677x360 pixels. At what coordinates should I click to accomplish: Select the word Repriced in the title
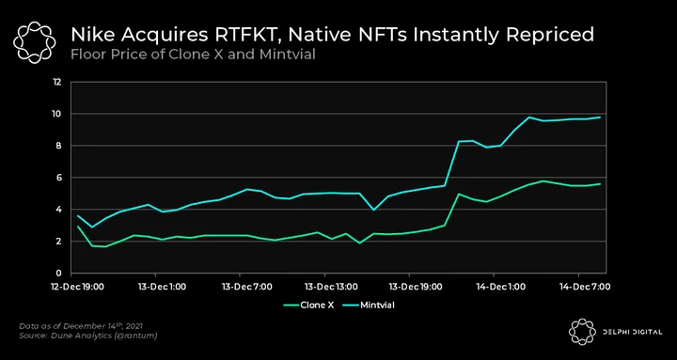(x=550, y=36)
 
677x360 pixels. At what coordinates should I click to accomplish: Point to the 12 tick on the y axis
(x=57, y=82)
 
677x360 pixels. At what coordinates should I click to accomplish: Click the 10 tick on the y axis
(x=57, y=114)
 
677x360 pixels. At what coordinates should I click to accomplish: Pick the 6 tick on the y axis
(x=59, y=178)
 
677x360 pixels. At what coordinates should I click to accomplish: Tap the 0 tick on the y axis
(x=59, y=274)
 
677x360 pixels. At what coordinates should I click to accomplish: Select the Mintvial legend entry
(x=369, y=305)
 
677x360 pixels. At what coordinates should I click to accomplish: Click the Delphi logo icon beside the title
(x=34, y=42)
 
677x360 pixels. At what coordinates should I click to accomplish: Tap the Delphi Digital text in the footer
(x=633, y=332)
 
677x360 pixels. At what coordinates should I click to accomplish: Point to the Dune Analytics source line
(x=87, y=336)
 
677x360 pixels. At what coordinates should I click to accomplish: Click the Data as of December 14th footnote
(x=81, y=325)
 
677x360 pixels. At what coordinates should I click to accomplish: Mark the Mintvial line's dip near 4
(x=373, y=210)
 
